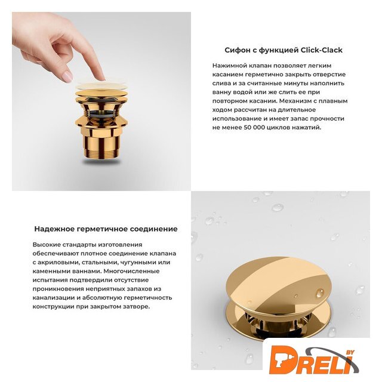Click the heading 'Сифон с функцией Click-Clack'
tap(284, 50)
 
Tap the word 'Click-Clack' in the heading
tap(321, 50)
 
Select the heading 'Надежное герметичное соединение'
tap(106, 229)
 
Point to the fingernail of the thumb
tap(67, 76)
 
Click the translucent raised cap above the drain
tap(101, 86)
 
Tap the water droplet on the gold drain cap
tap(320, 293)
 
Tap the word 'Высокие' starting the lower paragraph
tap(47, 244)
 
